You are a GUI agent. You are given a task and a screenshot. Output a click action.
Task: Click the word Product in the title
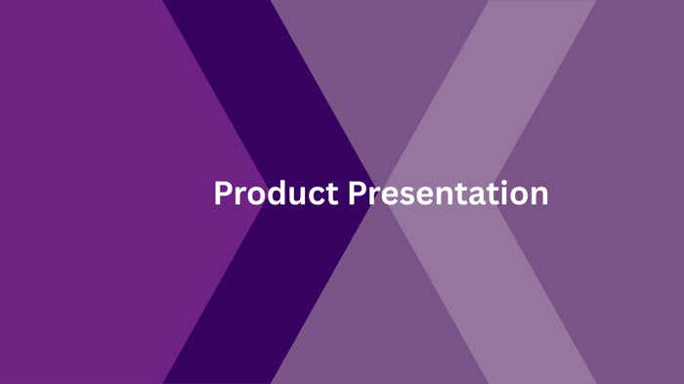click(x=277, y=192)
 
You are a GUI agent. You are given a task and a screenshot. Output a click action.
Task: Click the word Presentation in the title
click(x=448, y=192)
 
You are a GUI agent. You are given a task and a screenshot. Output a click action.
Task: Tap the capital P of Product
click(x=224, y=192)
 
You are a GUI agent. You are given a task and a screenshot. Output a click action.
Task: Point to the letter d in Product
click(x=277, y=192)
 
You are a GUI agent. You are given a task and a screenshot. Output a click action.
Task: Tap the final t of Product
click(x=331, y=193)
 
